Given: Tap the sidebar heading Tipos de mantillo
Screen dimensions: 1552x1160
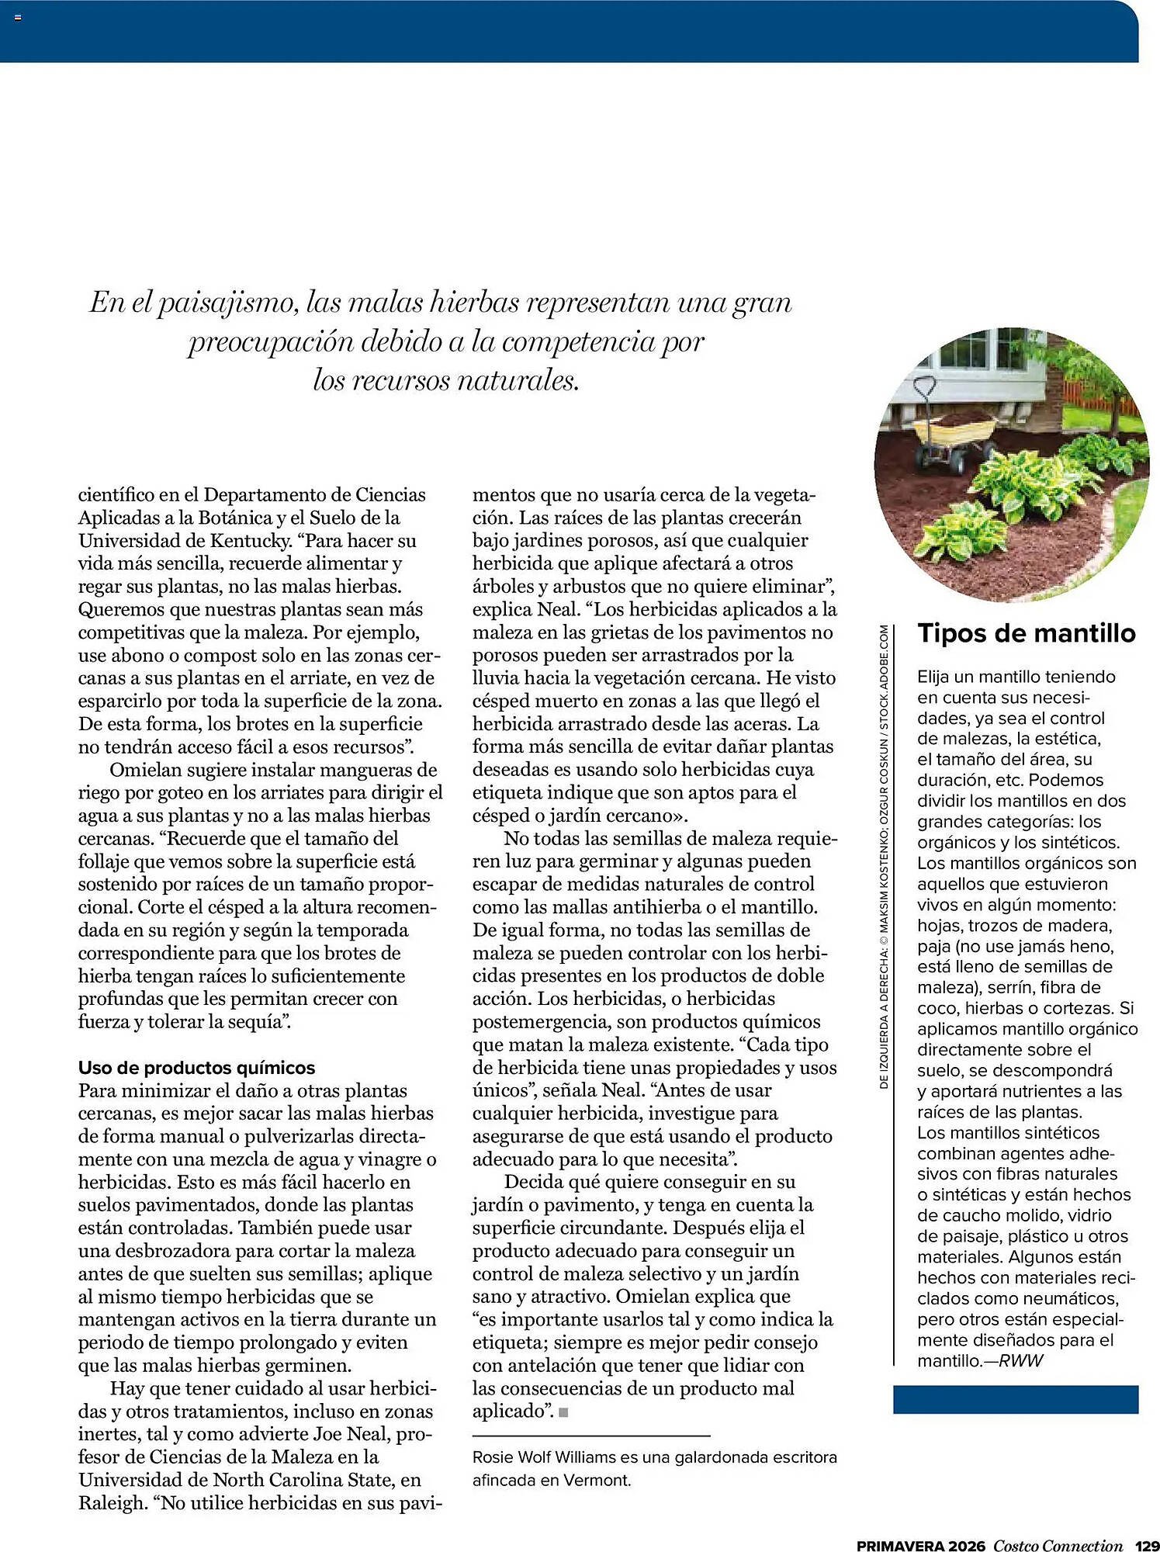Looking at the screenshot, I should click(1026, 633).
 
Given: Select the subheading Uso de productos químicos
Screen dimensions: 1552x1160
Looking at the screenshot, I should click(196, 1067).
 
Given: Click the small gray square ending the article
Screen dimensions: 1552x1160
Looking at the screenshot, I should click(563, 1412).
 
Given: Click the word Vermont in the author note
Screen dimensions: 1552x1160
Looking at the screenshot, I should click(597, 1480).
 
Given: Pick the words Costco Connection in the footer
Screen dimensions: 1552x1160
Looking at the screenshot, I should click(1058, 1545).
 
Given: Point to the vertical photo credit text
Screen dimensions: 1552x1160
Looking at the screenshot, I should click(884, 857).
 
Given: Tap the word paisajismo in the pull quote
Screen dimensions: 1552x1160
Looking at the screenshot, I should click(228, 303).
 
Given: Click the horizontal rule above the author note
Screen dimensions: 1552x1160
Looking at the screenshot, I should click(591, 1436).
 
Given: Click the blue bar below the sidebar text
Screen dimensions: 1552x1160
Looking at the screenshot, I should click(1015, 1399).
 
